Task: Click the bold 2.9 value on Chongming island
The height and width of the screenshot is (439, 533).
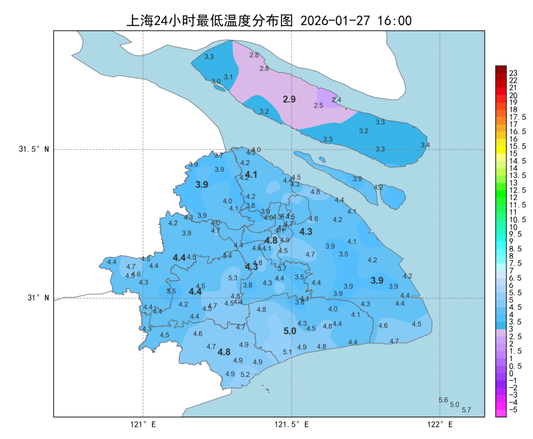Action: (x=289, y=99)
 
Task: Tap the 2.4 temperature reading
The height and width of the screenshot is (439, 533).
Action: (x=336, y=100)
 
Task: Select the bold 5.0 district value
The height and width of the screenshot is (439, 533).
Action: (x=290, y=331)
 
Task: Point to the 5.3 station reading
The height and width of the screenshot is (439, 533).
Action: (x=233, y=278)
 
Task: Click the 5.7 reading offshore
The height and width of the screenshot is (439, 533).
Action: (x=466, y=410)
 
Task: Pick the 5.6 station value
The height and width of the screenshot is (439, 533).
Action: (x=443, y=400)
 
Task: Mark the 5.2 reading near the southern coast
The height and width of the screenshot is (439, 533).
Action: (x=245, y=374)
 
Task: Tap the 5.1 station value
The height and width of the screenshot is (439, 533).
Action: (x=287, y=352)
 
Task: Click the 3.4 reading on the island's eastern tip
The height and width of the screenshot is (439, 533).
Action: (x=425, y=145)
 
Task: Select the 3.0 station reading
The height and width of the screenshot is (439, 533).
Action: (x=216, y=81)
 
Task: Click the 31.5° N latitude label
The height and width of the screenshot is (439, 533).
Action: (x=34, y=149)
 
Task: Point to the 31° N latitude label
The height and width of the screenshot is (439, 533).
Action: (x=38, y=298)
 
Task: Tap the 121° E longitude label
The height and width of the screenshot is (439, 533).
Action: (x=143, y=425)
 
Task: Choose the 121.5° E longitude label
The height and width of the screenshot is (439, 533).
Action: (x=291, y=425)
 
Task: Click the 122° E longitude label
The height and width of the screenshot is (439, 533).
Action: (x=440, y=425)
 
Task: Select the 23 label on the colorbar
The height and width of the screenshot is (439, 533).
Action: (x=513, y=73)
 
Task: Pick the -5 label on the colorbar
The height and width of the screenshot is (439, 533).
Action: (x=514, y=410)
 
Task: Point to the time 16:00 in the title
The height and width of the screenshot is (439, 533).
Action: (x=394, y=21)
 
